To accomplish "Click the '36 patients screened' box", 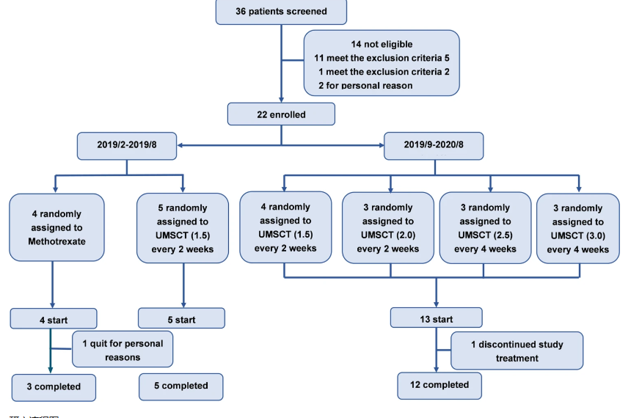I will [281, 12].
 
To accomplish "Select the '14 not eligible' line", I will [382, 44].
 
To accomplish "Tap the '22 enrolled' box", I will [281, 114].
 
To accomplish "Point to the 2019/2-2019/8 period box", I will [127, 145].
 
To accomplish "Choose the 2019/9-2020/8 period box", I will [434, 145].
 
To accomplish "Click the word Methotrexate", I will [57, 241].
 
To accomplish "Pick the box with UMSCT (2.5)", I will [484, 228].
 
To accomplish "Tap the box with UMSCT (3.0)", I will [578, 229].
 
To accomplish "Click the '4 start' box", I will [53, 320].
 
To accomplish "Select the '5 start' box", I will [181, 319].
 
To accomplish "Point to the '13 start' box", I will [436, 319].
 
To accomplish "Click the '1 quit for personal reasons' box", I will [123, 350].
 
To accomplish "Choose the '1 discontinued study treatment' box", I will [517, 351].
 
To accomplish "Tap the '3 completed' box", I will [54, 386].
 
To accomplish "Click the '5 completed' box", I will [180, 386].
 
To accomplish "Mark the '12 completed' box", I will [439, 385].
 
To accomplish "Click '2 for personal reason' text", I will [365, 85].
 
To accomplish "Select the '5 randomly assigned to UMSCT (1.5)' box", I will [183, 228].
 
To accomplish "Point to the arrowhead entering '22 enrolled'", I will [281, 100].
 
